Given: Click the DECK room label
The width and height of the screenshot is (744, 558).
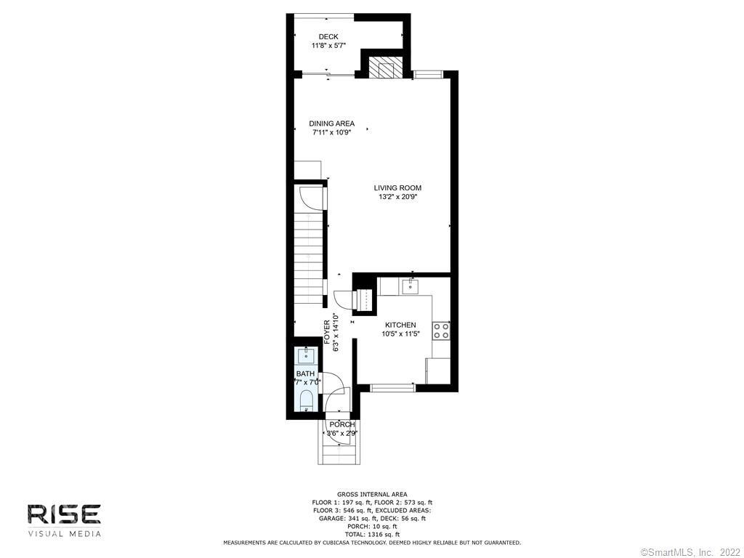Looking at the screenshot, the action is [x=328, y=36].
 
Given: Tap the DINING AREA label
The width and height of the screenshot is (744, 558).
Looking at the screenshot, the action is [x=331, y=124].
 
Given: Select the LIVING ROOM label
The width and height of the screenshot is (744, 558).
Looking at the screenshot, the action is [x=397, y=188].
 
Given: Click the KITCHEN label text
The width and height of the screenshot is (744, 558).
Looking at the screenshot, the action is [x=400, y=325].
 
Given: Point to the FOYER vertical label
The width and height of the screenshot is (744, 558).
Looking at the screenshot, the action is [x=327, y=332].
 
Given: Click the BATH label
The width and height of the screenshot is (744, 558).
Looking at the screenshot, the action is [x=305, y=374].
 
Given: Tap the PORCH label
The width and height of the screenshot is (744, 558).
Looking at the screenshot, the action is [x=341, y=424].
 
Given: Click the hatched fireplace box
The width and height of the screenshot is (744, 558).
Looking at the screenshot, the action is [x=382, y=68].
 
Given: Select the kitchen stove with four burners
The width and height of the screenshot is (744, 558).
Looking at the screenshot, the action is [x=441, y=331].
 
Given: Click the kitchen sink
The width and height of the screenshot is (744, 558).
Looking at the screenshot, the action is [x=410, y=286].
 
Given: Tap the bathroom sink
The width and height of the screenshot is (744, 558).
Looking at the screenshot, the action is [x=306, y=355].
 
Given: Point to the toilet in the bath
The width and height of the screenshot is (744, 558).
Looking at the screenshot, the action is [x=307, y=401].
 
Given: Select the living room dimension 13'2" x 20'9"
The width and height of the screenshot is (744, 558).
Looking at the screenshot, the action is [x=397, y=197].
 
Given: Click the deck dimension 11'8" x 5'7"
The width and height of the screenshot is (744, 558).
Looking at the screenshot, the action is [x=328, y=46].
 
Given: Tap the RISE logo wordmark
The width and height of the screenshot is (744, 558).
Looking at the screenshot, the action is [x=64, y=514].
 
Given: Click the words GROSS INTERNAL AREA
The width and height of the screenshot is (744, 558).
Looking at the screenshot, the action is [x=372, y=494].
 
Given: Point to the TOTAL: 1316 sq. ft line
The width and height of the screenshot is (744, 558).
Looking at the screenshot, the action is [x=372, y=534].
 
